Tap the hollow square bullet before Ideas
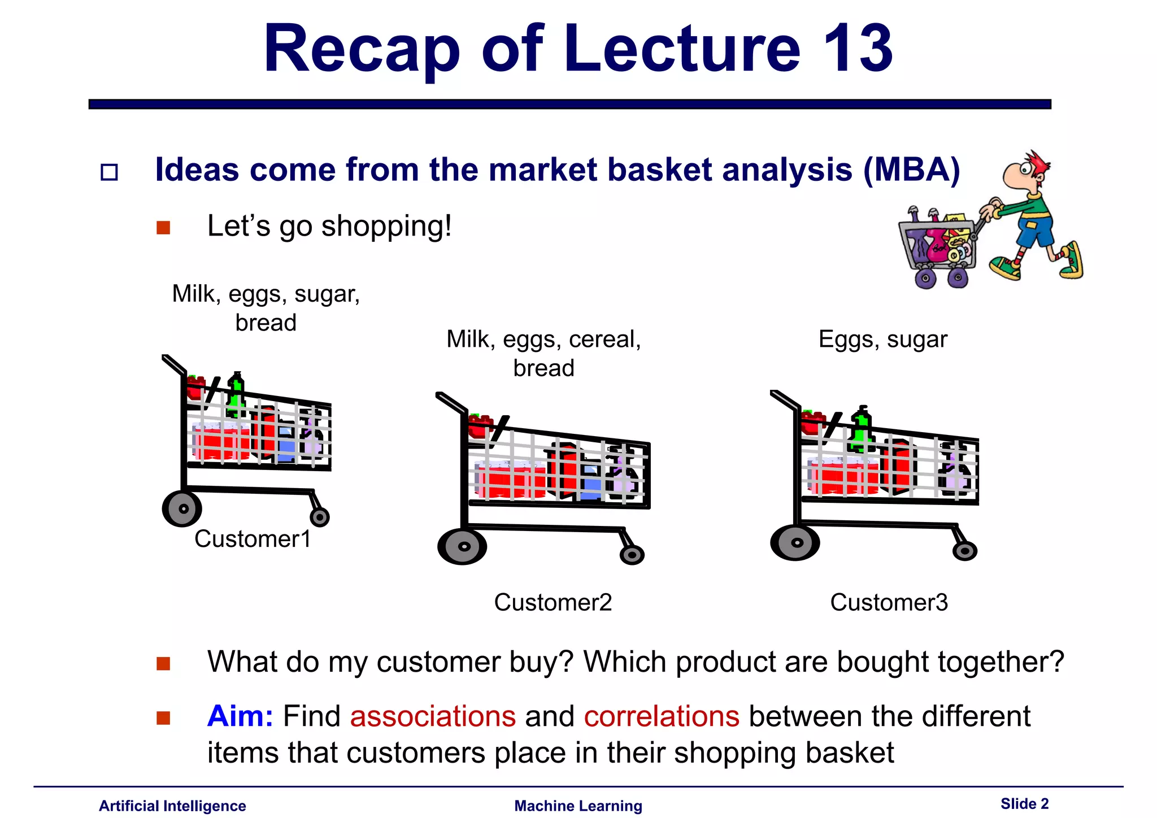(109, 172)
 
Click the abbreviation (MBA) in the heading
(912, 169)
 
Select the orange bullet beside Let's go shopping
(163, 228)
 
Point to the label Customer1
(253, 539)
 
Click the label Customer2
(553, 602)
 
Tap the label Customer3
(889, 602)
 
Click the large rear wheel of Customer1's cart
(182, 508)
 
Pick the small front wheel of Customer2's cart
(632, 555)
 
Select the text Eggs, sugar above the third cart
(882, 340)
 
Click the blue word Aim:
(240, 716)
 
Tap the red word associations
(433, 716)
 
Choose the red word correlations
(662, 716)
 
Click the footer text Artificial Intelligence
(172, 806)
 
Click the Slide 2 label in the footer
(1024, 803)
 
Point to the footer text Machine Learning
(578, 806)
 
